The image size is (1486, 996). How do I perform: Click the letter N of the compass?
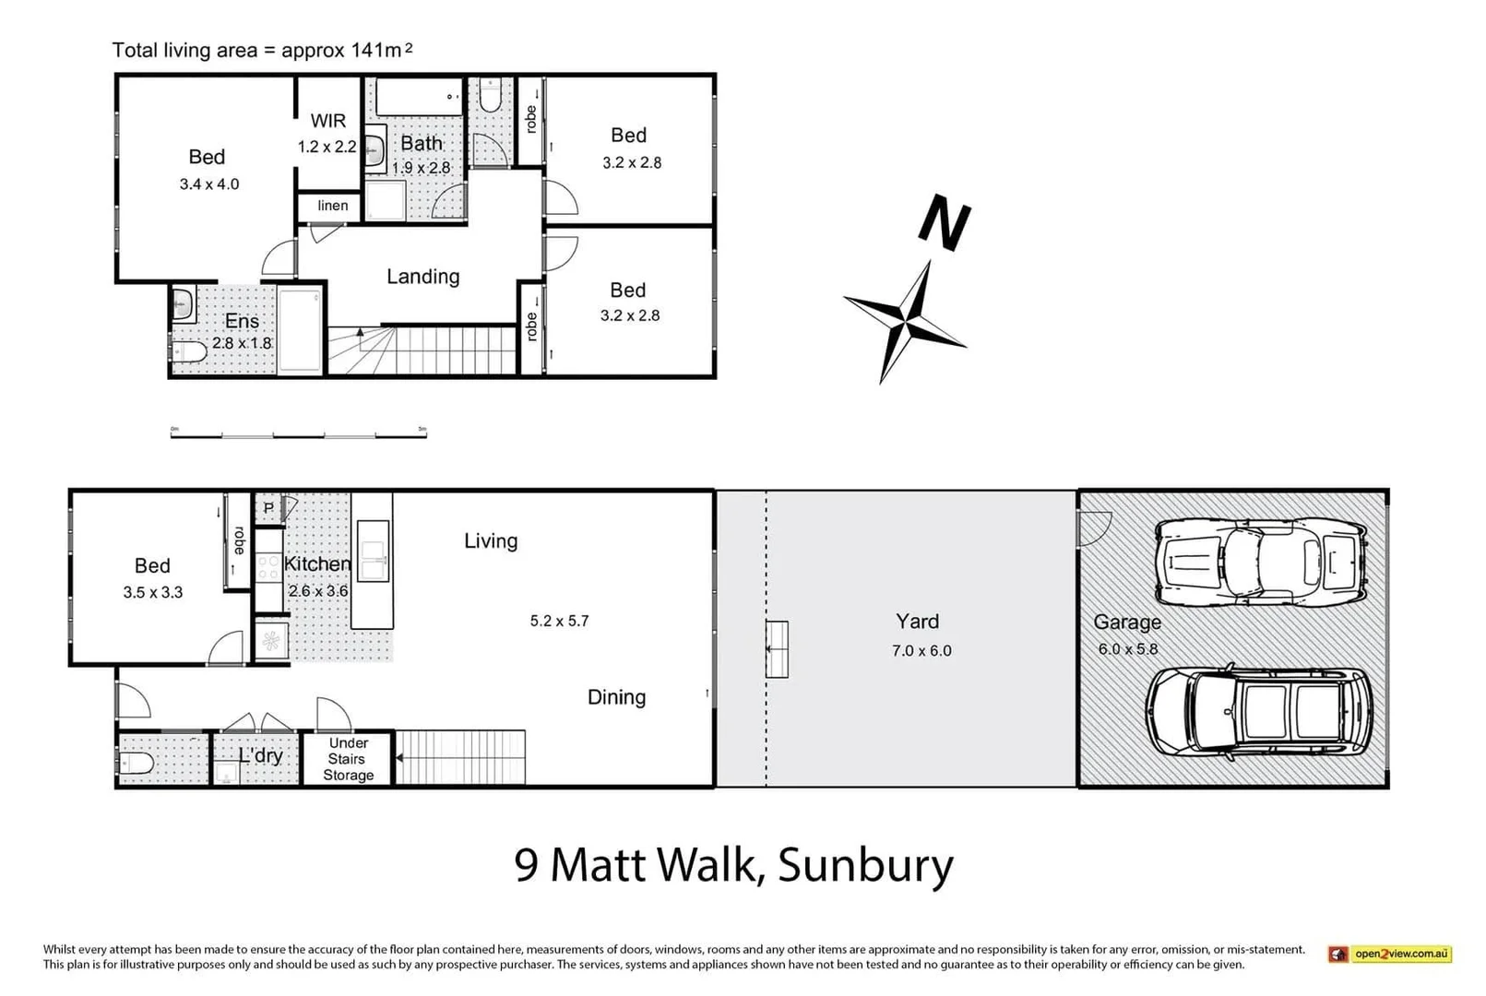pyautogui.click(x=944, y=223)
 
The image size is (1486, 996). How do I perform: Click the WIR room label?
pyautogui.click(x=327, y=121)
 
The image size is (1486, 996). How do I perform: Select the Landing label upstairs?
pyautogui.click(x=422, y=276)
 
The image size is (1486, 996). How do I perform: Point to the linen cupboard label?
pyautogui.click(x=333, y=206)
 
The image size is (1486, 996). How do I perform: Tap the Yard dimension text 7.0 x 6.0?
pyautogui.click(x=921, y=650)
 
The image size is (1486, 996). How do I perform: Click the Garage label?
pyautogui.click(x=1126, y=622)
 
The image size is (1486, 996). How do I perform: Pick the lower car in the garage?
pyautogui.click(x=1259, y=713)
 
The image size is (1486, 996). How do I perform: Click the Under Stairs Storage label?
pyautogui.click(x=348, y=759)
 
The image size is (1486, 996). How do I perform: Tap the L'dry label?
pyautogui.click(x=260, y=755)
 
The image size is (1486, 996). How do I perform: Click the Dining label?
pyautogui.click(x=616, y=697)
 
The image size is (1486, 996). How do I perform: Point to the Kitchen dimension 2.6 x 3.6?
pyautogui.click(x=318, y=590)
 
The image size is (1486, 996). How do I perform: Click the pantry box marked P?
pyautogui.click(x=268, y=508)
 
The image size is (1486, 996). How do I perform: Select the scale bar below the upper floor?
pyautogui.click(x=298, y=433)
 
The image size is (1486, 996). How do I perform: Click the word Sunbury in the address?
pyautogui.click(x=865, y=865)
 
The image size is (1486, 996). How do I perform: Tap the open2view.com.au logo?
pyautogui.click(x=1389, y=954)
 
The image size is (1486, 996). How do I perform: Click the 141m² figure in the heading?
pyautogui.click(x=381, y=50)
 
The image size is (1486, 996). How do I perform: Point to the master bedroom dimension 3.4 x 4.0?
pyautogui.click(x=209, y=184)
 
